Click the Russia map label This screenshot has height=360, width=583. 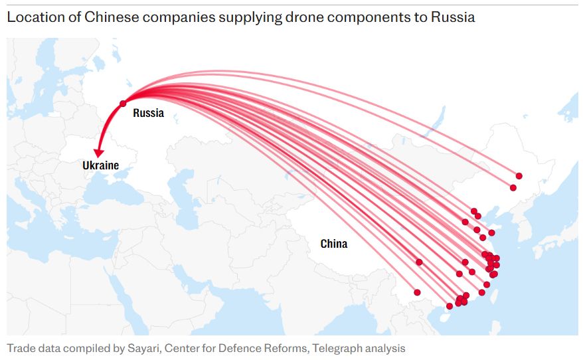point(148,113)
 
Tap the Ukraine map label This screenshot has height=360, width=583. point(100,165)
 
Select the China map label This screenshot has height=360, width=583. point(333,244)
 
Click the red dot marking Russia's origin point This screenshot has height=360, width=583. point(123,104)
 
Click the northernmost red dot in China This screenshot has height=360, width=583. point(519,176)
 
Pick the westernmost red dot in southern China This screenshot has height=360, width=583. point(417,292)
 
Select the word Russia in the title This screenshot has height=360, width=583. point(453,17)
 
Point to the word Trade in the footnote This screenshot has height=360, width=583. point(21,348)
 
